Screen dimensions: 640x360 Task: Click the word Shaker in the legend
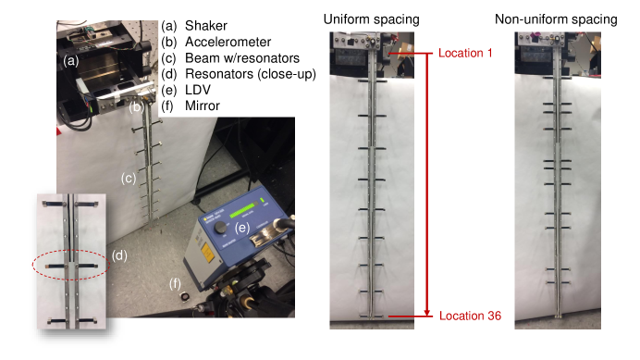coord(205,26)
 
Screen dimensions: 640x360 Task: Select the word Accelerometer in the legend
coord(228,42)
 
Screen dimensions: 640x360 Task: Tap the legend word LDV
coord(198,90)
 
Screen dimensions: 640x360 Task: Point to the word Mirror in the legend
coord(202,106)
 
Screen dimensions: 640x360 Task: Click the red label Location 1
coord(465,53)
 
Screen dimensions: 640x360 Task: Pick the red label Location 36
coord(470,316)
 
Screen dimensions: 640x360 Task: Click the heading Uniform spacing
coord(372,19)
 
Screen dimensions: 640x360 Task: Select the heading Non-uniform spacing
coord(556,19)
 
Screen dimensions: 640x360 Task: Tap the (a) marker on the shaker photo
coord(70,61)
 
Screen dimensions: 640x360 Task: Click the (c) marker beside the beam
coord(129,179)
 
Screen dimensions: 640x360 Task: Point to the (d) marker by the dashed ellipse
coord(119,255)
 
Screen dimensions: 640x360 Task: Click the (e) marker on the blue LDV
coord(242,228)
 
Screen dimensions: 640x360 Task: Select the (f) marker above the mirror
coord(175,283)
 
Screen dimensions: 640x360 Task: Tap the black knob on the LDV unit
coord(220,228)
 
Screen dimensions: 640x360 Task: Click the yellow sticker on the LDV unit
coord(208,253)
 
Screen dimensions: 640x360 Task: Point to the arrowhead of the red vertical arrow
coord(427,313)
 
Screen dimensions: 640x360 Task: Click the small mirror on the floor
coord(186,296)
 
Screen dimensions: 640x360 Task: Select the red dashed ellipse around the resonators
coord(71,265)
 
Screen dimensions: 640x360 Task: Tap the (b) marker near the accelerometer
coord(136,108)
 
